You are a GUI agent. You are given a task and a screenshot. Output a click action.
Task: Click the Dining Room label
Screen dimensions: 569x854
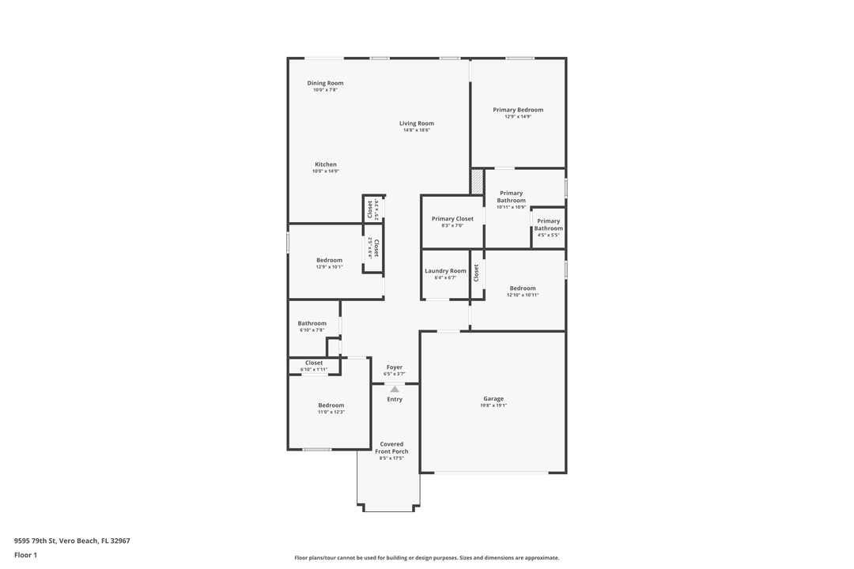pyautogui.click(x=325, y=83)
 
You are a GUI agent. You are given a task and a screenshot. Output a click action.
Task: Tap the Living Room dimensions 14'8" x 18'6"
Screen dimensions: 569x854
pyautogui.click(x=416, y=130)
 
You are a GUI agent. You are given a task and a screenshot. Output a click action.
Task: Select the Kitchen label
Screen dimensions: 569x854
pyautogui.click(x=325, y=164)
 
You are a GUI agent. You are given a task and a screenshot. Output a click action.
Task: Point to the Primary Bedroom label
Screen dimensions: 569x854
pyautogui.click(x=518, y=110)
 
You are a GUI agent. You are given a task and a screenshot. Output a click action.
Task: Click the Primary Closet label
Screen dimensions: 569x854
pyautogui.click(x=452, y=219)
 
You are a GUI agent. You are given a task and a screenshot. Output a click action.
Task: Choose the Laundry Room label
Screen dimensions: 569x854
pyautogui.click(x=445, y=271)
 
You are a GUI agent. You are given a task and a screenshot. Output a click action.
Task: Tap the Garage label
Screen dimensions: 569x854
pyautogui.click(x=493, y=398)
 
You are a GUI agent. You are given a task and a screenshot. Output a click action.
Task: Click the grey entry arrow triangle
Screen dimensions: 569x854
pyautogui.click(x=395, y=388)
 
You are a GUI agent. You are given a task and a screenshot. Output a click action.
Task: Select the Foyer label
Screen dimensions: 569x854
pyautogui.click(x=394, y=367)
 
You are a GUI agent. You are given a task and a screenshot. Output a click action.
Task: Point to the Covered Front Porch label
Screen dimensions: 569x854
pyautogui.click(x=391, y=448)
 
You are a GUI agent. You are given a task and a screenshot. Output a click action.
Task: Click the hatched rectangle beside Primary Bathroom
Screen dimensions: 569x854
pyautogui.click(x=477, y=182)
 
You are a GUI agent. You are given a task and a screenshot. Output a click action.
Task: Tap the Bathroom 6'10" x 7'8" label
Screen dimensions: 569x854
pyautogui.click(x=312, y=323)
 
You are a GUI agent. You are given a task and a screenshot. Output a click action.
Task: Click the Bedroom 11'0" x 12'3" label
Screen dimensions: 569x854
pyautogui.click(x=331, y=405)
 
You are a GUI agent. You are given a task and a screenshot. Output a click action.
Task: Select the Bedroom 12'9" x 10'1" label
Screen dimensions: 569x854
pyautogui.click(x=329, y=260)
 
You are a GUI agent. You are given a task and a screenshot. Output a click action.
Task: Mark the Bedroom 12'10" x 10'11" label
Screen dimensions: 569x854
pyautogui.click(x=523, y=288)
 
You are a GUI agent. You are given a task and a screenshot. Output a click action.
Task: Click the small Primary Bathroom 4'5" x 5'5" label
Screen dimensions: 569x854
pyautogui.click(x=548, y=224)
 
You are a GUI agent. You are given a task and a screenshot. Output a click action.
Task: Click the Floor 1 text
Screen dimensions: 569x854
pyautogui.click(x=25, y=555)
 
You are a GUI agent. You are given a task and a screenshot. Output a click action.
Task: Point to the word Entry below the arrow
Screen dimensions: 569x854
pyautogui.click(x=395, y=399)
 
